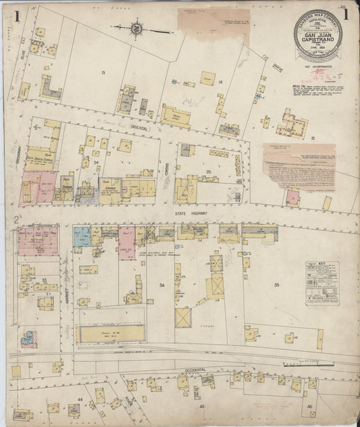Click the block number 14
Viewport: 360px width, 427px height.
click(220, 82)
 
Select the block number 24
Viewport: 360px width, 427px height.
click(97, 162)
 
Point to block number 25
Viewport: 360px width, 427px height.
click(209, 173)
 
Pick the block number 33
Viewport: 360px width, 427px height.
click(45, 279)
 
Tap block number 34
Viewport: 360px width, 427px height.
click(161, 286)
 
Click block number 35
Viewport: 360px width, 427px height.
click(276, 285)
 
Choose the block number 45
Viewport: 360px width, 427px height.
click(201, 407)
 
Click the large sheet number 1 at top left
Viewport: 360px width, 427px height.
click(15, 16)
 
